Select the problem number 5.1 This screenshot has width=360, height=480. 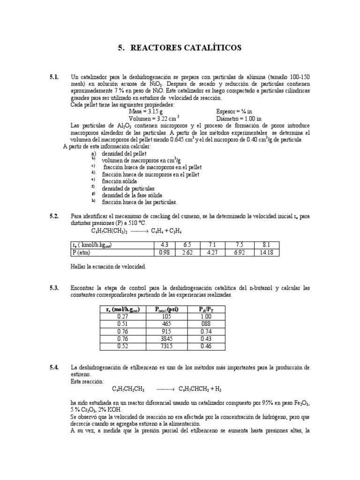tap(55, 77)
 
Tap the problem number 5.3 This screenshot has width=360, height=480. tap(55, 287)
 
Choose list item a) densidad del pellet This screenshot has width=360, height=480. tap(119, 153)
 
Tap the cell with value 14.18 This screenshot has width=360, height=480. tap(267, 253)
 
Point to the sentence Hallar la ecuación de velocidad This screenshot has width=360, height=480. tap(108, 266)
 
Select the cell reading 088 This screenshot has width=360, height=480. tap(205, 323)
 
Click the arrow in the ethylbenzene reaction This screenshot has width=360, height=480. tap(165, 389)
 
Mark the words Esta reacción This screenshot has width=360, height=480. tap(88, 382)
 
